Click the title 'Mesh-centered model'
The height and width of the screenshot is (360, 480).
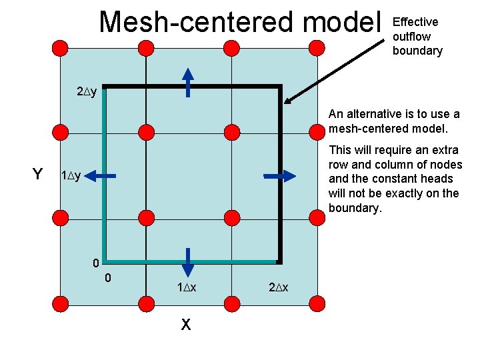pos(237,22)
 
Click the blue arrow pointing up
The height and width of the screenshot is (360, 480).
pos(188,82)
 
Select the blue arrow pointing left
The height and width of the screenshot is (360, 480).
pos(101,176)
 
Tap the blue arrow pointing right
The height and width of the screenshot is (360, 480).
pos(280,176)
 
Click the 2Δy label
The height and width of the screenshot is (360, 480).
pos(87,91)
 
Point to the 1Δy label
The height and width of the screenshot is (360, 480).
pos(71,176)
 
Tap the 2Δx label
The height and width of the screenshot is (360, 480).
pos(278,287)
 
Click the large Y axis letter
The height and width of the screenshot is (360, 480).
pos(38,175)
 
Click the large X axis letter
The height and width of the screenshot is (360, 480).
pos(186,325)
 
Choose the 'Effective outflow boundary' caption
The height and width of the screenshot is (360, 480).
pos(417,36)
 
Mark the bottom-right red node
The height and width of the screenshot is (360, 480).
pos(316,305)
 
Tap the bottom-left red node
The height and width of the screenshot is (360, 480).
pos(59,305)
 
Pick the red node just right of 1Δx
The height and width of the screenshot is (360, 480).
pos(231,305)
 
